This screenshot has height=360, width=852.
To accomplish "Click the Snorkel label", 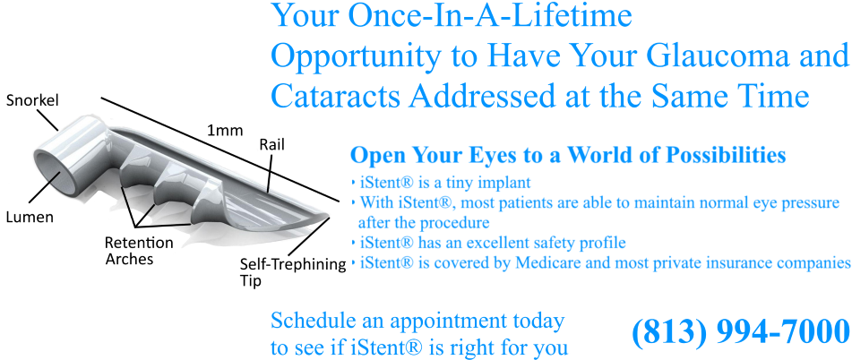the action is pos(32,101).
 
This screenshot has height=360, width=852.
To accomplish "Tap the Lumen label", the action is pos(30,218).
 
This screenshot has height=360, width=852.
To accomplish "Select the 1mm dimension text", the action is pos(225,131).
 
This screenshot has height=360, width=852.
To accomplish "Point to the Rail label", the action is pos(271,144).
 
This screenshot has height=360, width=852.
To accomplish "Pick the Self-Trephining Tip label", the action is pos(293,272).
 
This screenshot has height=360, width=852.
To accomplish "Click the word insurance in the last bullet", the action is pos(734,262).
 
